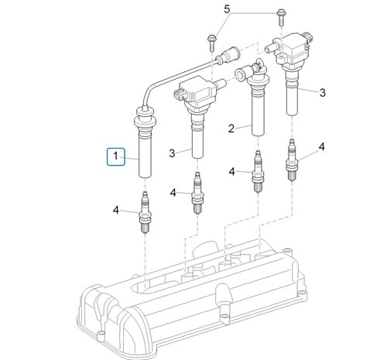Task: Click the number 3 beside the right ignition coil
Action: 323,91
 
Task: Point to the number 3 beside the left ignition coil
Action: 171,153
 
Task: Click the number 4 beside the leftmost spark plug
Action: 116,209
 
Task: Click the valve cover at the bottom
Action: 193,302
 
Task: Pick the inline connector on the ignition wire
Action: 227,57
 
